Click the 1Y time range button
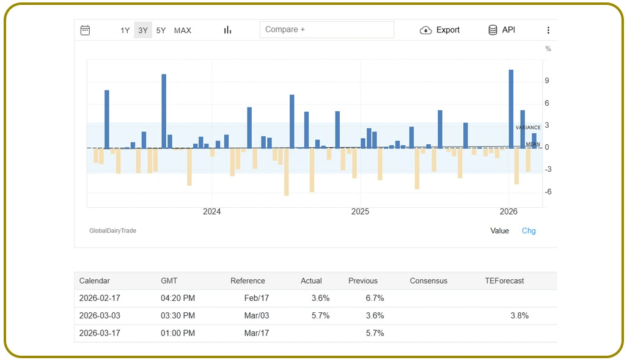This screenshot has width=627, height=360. pyautogui.click(x=125, y=30)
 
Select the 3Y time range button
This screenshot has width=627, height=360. pyautogui.click(x=143, y=30)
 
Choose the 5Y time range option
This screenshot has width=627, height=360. pyautogui.click(x=161, y=30)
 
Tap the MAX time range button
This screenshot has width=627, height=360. pyautogui.click(x=182, y=30)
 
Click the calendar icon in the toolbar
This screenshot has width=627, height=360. pyautogui.click(x=85, y=30)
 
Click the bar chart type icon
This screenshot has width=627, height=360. pyautogui.click(x=227, y=30)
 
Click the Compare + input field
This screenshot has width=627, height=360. pyautogui.click(x=326, y=30)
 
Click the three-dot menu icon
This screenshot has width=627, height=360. pyautogui.click(x=548, y=30)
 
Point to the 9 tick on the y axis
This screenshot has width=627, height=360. pyautogui.click(x=547, y=81)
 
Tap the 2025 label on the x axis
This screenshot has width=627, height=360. pyautogui.click(x=360, y=211)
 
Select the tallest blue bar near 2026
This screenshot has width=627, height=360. pyautogui.click(x=511, y=108)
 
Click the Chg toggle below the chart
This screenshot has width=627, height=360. pyautogui.click(x=529, y=230)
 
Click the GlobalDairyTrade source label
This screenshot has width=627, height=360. pyautogui.click(x=112, y=230)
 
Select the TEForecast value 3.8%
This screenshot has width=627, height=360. pyautogui.click(x=519, y=315)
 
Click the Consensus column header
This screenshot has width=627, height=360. pyautogui.click(x=428, y=281)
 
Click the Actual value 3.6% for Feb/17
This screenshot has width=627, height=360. pyautogui.click(x=320, y=298)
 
